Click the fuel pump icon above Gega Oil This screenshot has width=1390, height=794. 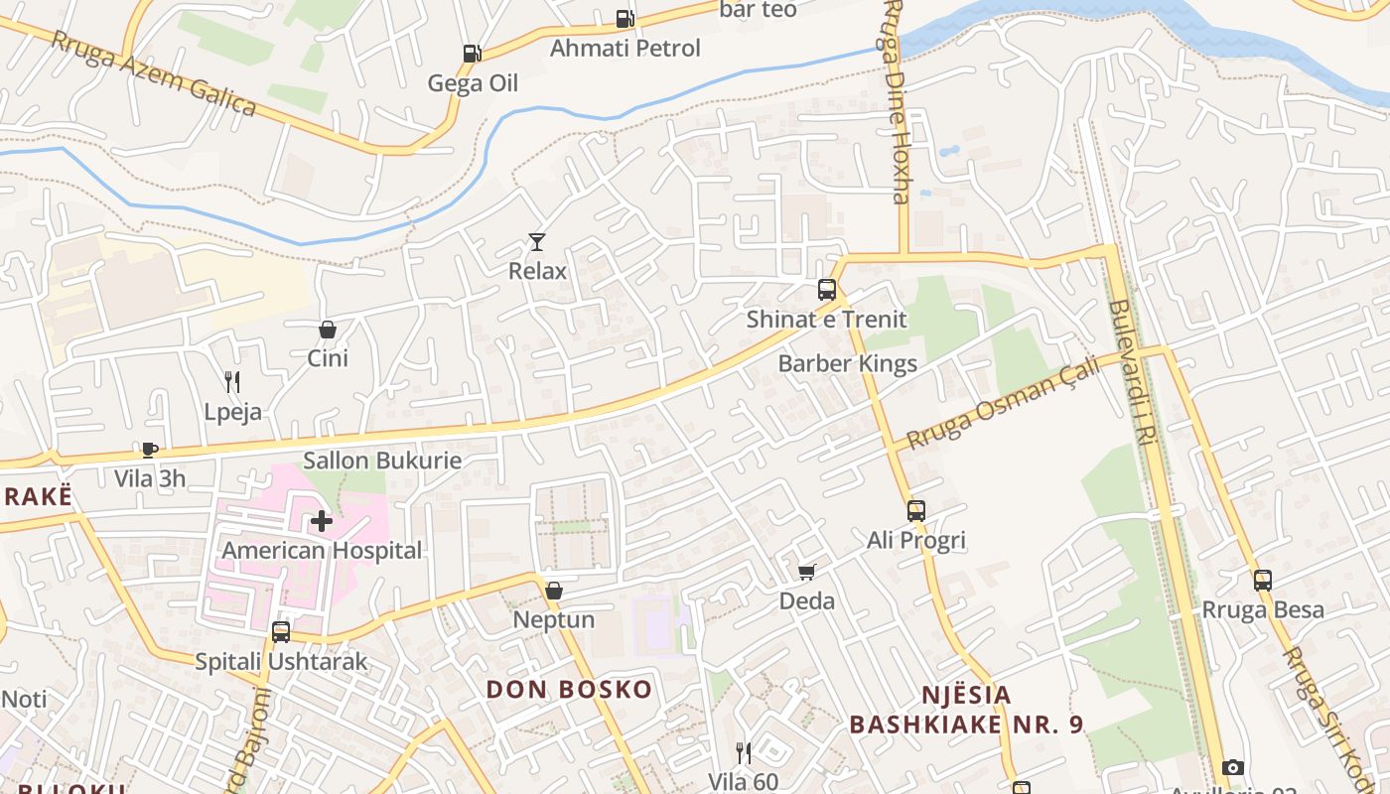[x=472, y=54]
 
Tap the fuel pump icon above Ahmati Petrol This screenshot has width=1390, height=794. [x=625, y=18]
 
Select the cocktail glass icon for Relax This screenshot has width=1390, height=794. [x=537, y=241]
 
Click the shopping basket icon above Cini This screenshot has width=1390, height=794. [x=328, y=330]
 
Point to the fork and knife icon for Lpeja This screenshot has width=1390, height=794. [x=232, y=382]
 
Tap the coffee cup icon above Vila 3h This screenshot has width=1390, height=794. [x=149, y=450]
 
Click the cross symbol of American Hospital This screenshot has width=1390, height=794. [x=322, y=520]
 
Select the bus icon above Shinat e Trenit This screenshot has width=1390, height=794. [x=827, y=290]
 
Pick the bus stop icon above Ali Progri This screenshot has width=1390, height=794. [x=916, y=511]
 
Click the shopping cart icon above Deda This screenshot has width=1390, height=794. [x=807, y=572]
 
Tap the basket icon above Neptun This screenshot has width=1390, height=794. [x=554, y=591]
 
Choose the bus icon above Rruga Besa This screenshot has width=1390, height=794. [x=1263, y=581]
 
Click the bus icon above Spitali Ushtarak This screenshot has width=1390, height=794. [x=281, y=632]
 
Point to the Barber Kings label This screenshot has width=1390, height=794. [x=847, y=363]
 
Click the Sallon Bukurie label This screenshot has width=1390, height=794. [x=382, y=461]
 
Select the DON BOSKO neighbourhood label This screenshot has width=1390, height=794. [x=569, y=689]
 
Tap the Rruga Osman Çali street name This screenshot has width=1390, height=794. [x=1003, y=404]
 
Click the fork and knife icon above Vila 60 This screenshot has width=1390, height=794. [x=743, y=753]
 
